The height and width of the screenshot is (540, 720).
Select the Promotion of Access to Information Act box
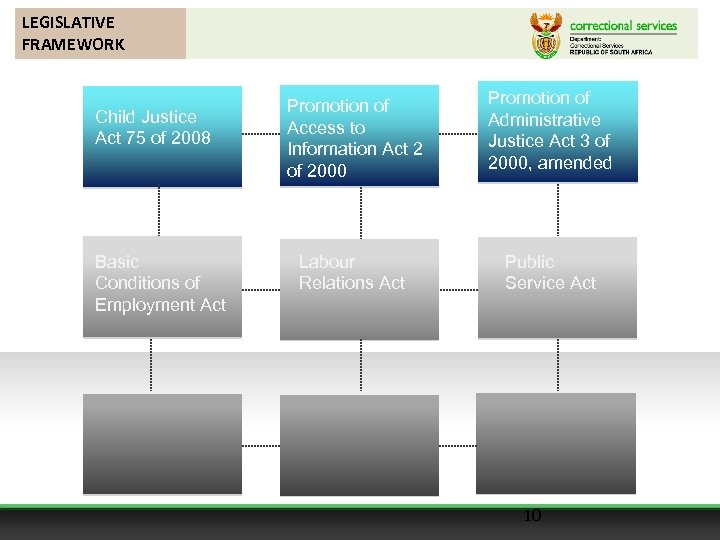[x=359, y=136]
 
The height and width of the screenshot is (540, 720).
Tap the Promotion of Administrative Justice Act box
[x=557, y=132]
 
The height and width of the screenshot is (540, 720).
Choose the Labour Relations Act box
[x=359, y=287]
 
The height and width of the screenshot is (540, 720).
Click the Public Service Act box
[x=557, y=287]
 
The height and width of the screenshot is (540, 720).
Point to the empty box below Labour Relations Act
[x=359, y=444]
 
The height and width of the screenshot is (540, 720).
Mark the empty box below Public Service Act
[x=556, y=442]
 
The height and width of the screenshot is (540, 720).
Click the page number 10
[x=532, y=516]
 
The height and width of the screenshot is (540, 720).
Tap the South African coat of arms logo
[x=545, y=36]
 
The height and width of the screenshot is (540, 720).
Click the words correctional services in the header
[x=623, y=26]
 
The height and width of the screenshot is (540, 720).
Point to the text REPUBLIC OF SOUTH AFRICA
[x=610, y=51]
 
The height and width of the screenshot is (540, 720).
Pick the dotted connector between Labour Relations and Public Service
[x=458, y=289]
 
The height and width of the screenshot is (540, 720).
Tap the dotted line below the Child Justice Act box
[x=159, y=211]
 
